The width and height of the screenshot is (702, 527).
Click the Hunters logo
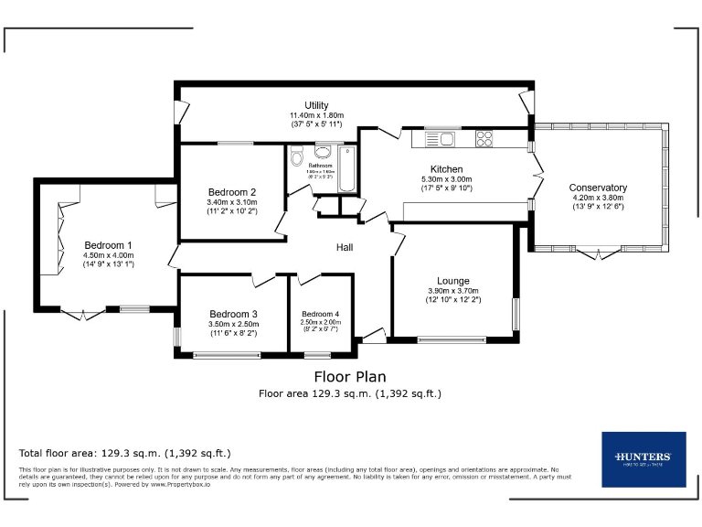point(643,458)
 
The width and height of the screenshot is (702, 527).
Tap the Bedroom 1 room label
point(109,245)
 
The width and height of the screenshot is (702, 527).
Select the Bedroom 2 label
point(231,192)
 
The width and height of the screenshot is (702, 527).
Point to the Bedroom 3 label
point(233,314)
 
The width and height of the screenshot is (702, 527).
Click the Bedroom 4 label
point(320,314)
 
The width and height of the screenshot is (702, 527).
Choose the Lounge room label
point(452,281)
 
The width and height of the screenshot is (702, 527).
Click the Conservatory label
point(598,188)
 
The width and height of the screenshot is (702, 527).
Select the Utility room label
point(316,105)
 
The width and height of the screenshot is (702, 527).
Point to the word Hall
point(345,247)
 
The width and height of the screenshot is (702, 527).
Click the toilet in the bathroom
point(296,158)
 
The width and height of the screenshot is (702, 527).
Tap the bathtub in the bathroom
point(347,168)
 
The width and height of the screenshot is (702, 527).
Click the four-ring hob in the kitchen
point(484,139)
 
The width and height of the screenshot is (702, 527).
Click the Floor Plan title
point(350,376)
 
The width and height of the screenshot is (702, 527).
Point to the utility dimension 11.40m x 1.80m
point(316,114)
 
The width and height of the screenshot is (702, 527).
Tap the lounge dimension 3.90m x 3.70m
point(452,291)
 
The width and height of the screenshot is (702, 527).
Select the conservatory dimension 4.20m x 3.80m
point(598,198)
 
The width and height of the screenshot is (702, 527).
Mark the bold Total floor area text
point(124,453)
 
